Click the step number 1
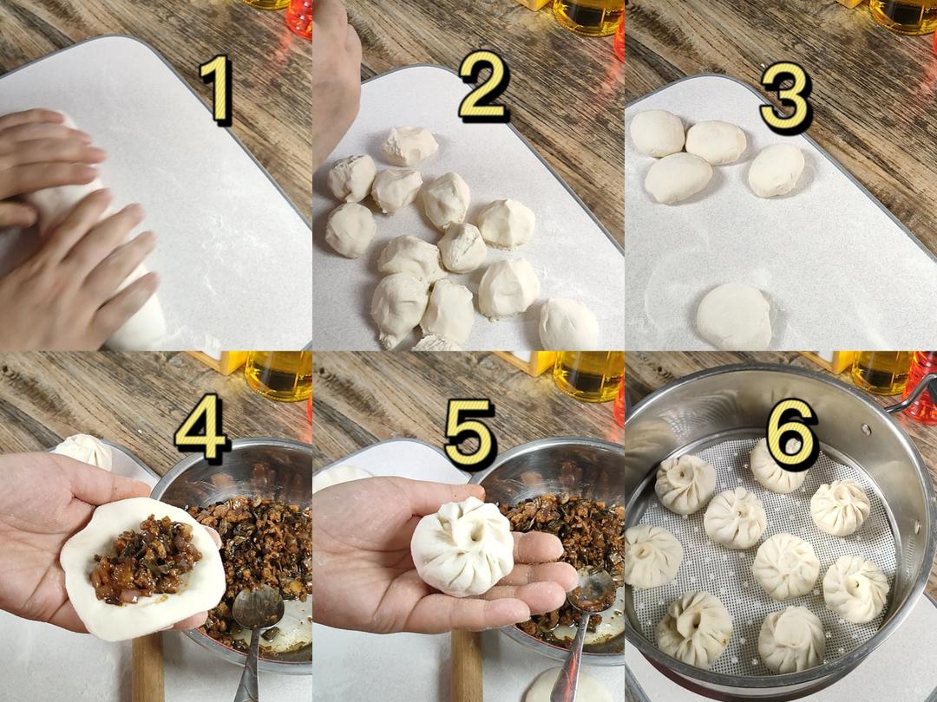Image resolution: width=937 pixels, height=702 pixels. [x=215, y=89]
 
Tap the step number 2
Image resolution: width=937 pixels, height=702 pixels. [x=484, y=88]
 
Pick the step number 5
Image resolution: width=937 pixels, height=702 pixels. [x=471, y=433]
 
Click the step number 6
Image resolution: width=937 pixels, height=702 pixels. [x=792, y=433]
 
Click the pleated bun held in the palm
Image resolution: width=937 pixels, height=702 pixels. [x=462, y=548]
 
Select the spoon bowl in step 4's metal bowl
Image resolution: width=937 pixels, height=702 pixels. [x=258, y=608]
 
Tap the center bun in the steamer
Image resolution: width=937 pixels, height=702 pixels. [x=786, y=566]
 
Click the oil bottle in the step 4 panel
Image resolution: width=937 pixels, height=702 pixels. [x=278, y=375]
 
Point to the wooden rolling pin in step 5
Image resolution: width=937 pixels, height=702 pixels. [x=466, y=666]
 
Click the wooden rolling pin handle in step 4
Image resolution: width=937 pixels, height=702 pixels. [x=147, y=667]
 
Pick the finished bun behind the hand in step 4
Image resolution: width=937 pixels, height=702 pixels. [x=85, y=451]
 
